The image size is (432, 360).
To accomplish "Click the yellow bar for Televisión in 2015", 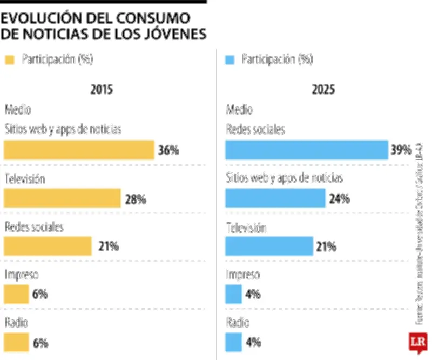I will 62,198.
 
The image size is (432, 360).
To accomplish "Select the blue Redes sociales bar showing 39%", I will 306,150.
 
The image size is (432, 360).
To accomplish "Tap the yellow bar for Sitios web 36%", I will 79,150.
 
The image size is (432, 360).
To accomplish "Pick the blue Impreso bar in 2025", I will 233,294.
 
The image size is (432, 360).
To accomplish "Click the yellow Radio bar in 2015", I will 16,342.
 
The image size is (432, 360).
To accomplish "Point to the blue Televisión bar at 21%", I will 269,246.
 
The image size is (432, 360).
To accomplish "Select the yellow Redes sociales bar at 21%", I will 48,246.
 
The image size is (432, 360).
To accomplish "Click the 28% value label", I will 136,199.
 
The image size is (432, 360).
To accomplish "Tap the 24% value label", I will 339,199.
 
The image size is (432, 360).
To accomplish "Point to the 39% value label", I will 401,150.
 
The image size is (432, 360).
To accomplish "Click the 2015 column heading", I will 102,90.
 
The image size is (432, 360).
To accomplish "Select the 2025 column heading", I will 323,90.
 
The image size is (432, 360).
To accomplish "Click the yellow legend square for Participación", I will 10,60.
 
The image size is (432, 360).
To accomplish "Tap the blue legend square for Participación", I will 230,60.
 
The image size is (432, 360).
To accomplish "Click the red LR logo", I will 417,342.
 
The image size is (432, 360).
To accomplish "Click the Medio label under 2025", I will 239,110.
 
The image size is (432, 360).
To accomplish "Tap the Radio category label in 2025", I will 238,323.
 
